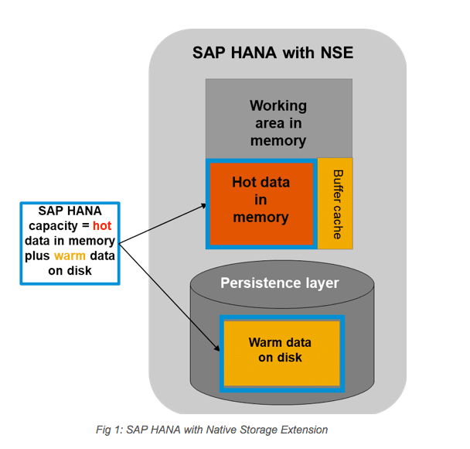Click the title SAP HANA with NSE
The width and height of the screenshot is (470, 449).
tap(273, 53)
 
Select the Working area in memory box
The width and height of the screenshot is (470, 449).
tap(279, 118)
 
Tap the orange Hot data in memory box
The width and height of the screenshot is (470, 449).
tap(261, 204)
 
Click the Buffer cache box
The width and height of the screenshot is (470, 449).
tap(335, 204)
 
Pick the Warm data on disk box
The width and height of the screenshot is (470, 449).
tap(281, 354)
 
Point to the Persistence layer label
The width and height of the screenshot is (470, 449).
tap(279, 283)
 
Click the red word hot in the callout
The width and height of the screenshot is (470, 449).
tap(102, 226)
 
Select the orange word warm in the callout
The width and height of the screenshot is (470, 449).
tap(70, 256)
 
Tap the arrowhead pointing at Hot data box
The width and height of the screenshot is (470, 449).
tap(203, 206)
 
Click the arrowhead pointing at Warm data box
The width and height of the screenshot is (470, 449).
tap(216, 348)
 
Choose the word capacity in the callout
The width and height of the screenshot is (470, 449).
tap(53, 226)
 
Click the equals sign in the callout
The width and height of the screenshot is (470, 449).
tap(86, 226)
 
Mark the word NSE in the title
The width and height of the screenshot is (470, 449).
tap(337, 53)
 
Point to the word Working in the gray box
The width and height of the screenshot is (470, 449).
tap(278, 106)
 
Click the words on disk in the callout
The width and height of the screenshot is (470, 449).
tap(70, 271)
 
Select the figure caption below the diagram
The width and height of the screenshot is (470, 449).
tap(212, 430)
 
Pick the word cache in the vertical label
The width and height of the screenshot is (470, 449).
tap(338, 222)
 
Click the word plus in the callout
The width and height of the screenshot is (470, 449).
tap(37, 256)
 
